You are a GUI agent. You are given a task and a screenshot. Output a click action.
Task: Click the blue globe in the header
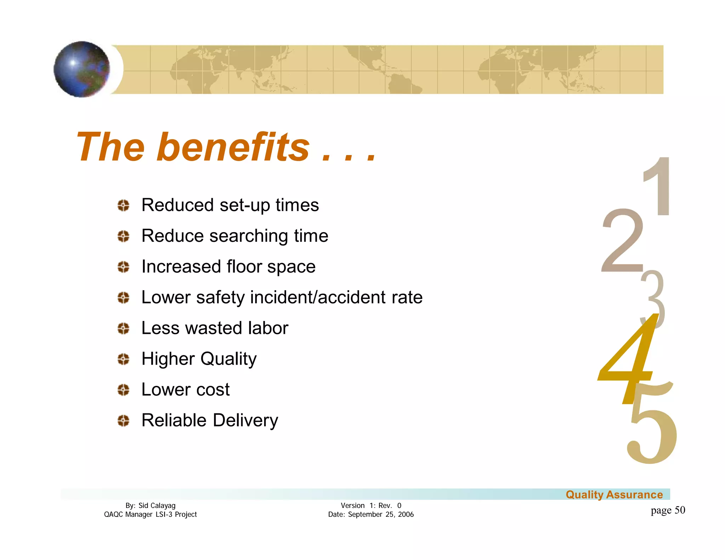coord(82,69)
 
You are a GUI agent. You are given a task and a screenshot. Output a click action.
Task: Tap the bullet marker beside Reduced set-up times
coord(123,205)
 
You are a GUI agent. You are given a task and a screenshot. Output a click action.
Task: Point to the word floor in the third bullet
coord(244,267)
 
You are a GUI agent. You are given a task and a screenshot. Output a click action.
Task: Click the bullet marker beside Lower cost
coord(123,390)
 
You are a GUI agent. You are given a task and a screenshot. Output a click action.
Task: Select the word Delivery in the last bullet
coord(245,421)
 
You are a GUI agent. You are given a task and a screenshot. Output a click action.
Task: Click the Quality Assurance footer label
coord(614,495)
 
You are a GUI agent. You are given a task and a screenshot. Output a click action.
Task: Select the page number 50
coord(680,510)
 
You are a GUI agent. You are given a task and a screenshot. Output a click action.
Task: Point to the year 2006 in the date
coord(406,514)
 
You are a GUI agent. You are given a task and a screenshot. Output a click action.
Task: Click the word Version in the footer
coord(353,505)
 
